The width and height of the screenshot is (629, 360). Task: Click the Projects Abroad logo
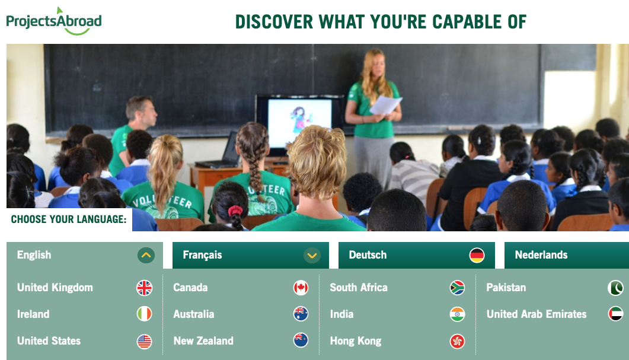[54, 21]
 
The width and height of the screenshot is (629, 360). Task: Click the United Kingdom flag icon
[145, 288]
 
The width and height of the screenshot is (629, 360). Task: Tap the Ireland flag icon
[145, 314]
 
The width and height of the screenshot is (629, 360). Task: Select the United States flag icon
[145, 342]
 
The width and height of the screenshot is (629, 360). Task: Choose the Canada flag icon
[301, 288]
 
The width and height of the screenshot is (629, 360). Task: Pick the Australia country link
[194, 314]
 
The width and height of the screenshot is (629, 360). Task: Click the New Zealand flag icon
[301, 340]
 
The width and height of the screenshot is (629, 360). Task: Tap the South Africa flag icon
[457, 288]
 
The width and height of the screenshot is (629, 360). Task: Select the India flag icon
[457, 314]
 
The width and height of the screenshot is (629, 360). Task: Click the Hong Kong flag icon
[457, 342]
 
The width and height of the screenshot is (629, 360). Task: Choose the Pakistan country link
[506, 288]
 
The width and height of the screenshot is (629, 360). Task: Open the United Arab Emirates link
[537, 314]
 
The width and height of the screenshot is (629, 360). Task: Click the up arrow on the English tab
[146, 255]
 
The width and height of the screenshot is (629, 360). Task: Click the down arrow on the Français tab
[312, 255]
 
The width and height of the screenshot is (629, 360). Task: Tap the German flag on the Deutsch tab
[477, 255]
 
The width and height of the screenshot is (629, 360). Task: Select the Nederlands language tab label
[541, 255]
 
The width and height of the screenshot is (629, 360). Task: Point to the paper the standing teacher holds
[385, 105]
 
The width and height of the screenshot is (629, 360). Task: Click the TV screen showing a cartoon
[299, 122]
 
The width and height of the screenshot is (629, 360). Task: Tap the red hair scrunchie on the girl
[235, 211]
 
